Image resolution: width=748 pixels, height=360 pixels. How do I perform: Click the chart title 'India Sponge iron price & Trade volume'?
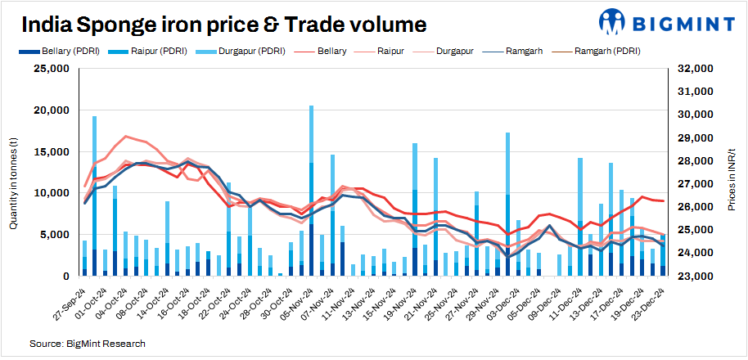click(x=223, y=25)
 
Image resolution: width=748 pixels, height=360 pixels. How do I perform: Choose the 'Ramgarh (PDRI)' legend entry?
click(x=606, y=51)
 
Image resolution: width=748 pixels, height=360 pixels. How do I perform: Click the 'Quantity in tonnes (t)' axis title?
click(x=14, y=172)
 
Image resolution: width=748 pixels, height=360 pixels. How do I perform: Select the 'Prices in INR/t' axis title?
click(x=731, y=173)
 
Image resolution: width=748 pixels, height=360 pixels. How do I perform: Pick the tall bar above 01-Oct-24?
click(x=95, y=196)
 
